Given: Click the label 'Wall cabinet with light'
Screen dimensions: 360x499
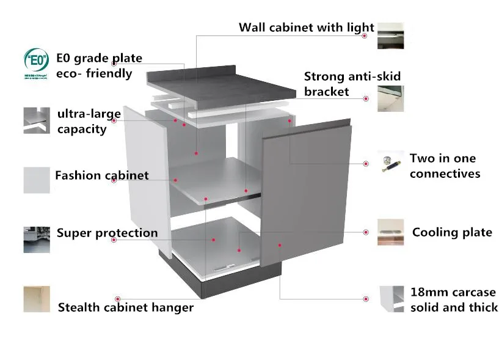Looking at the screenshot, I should (x=306, y=28).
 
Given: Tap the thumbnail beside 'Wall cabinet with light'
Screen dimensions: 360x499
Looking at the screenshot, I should (x=390, y=35).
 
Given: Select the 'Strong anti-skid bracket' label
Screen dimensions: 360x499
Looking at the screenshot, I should (x=352, y=84).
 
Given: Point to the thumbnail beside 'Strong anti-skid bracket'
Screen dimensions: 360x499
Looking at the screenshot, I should (x=390, y=98).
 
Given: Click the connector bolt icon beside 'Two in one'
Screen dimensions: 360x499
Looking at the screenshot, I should (x=388, y=164).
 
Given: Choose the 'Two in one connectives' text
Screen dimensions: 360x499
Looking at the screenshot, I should (x=444, y=166).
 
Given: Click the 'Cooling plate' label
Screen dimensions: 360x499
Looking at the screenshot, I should (x=451, y=232).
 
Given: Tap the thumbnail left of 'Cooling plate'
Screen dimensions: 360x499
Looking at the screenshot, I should (x=390, y=232).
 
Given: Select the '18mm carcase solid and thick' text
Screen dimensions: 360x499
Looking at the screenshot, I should (x=453, y=300).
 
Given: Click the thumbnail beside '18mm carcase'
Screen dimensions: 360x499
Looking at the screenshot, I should (x=390, y=299).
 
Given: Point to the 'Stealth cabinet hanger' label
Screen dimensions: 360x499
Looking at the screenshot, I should (x=125, y=307).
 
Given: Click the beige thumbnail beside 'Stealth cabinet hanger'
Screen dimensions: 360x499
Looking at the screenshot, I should (x=37, y=299).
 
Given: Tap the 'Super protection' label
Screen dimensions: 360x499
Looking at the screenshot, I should (x=107, y=233).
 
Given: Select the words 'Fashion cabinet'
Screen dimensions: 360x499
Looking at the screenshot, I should (x=101, y=176).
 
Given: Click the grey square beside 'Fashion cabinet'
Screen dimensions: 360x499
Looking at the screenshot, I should (x=37, y=180).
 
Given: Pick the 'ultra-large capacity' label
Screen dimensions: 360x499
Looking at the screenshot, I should (x=89, y=121).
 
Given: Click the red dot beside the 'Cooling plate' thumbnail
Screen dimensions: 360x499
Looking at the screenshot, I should (x=365, y=232).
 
